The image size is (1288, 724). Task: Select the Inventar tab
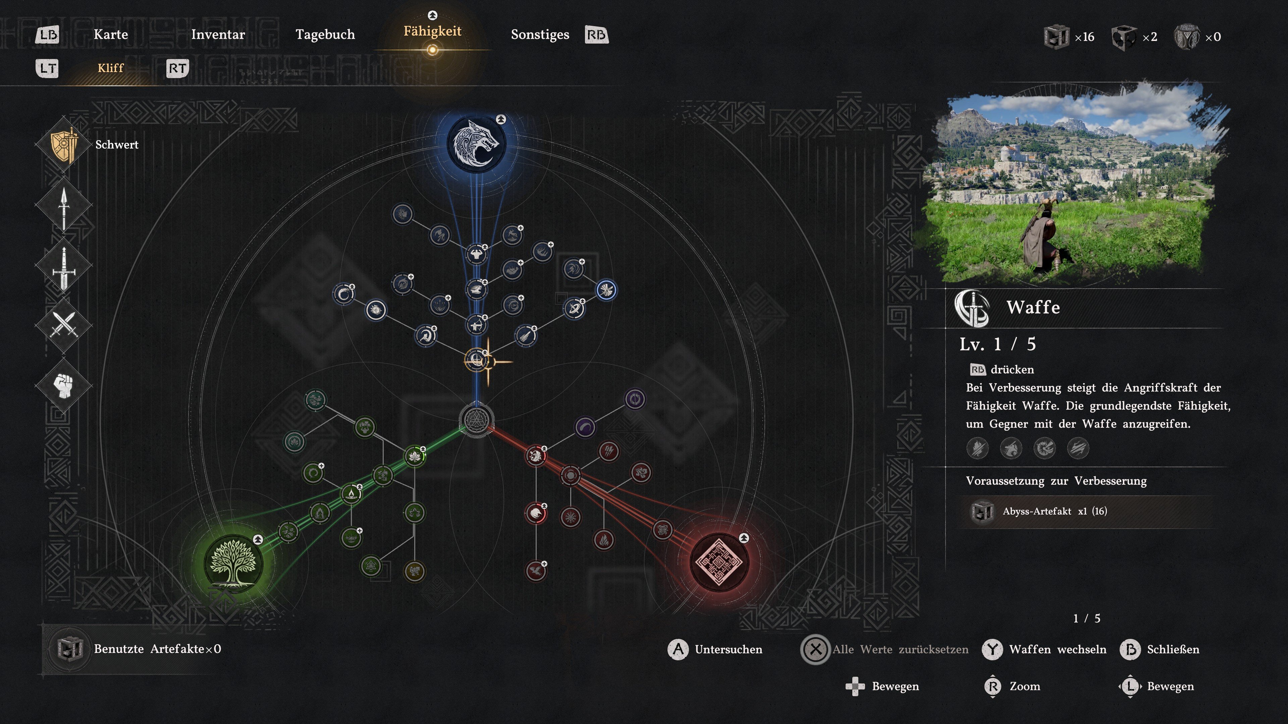pos(218,35)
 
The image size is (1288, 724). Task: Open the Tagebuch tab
pos(325,35)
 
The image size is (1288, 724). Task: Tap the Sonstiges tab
pos(540,35)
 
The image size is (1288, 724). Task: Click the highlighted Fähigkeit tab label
pos(432,31)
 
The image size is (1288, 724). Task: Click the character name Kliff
pos(110,68)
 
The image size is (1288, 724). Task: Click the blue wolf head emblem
pos(476,143)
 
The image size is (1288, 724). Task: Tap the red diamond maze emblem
pos(719,562)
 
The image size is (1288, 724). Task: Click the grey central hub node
pos(476,419)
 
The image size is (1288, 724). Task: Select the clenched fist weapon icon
pos(63,385)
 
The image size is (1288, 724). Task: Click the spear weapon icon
pos(63,209)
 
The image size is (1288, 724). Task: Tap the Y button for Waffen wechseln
pos(992,650)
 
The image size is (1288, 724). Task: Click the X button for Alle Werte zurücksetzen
pos(815,650)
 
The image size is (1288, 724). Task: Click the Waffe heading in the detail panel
pos(1033,307)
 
